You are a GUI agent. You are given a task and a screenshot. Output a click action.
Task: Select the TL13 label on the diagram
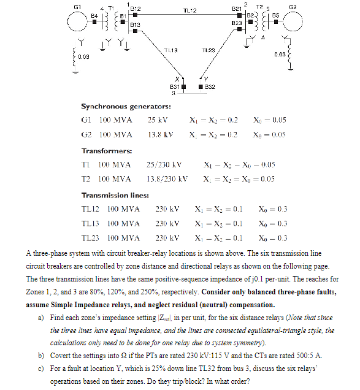pyautogui.click(x=171, y=50)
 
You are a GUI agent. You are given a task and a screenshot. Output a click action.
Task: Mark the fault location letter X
pyautogui.click(x=177, y=79)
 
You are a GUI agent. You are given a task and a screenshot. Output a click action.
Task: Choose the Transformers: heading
pyautogui.click(x=107, y=150)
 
